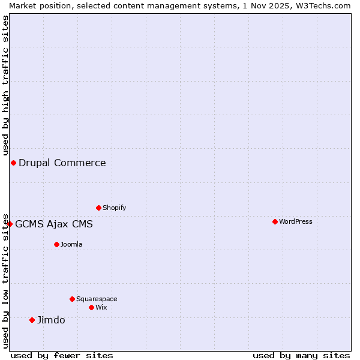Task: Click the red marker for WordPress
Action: click(x=275, y=221)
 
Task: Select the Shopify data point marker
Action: click(x=98, y=208)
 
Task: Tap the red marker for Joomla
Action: click(x=56, y=244)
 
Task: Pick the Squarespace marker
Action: click(x=72, y=299)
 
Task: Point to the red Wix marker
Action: click(x=91, y=307)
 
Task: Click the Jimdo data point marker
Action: click(x=32, y=320)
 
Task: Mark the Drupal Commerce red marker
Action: click(x=13, y=163)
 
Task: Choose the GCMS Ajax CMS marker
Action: click(x=10, y=224)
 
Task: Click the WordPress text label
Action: click(x=296, y=221)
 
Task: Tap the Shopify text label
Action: click(x=114, y=208)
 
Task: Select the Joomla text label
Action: click(x=71, y=244)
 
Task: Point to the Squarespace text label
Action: click(x=97, y=299)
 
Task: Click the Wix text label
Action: click(x=101, y=307)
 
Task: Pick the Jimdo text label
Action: click(x=51, y=320)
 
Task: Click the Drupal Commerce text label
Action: click(x=62, y=163)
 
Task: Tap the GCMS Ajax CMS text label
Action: click(x=54, y=224)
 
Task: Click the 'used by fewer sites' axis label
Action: click(x=62, y=355)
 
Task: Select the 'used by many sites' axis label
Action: click(x=301, y=355)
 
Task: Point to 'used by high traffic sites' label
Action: click(x=5, y=85)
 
